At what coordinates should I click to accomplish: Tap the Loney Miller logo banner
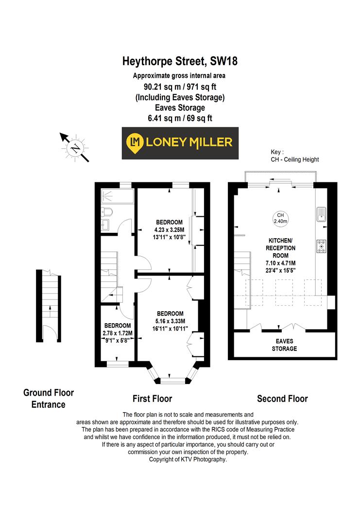pyautogui.click(x=180, y=142)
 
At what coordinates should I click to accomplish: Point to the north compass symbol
pyautogui.click(x=75, y=146)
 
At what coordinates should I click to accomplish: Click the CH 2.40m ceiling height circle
pyautogui.click(x=280, y=218)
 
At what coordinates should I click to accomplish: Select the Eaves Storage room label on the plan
pyautogui.click(x=284, y=345)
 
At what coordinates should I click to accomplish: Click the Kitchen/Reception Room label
pyautogui.click(x=281, y=248)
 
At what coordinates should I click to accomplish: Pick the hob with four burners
pyautogui.click(x=321, y=246)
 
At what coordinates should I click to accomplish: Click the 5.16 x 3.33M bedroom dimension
pyautogui.click(x=170, y=321)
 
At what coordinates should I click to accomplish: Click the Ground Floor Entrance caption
pyautogui.click(x=49, y=398)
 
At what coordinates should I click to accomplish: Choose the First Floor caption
pyautogui.click(x=153, y=399)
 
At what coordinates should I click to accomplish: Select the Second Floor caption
pyautogui.click(x=282, y=399)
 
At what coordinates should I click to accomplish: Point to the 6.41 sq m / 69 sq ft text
pyautogui.click(x=180, y=118)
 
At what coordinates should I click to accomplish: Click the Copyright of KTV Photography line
pyautogui.click(x=188, y=459)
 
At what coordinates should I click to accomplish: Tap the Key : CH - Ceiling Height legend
pyautogui.click(x=294, y=156)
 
